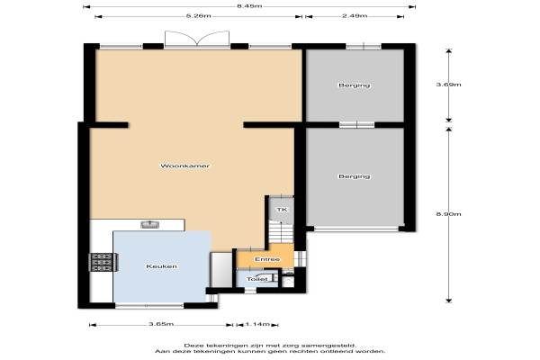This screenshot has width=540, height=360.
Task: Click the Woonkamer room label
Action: [x=184, y=166]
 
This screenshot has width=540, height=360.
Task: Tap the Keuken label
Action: [x=161, y=266]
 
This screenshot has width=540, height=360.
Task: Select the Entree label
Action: [x=267, y=259]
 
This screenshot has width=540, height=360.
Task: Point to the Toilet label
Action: [x=256, y=279]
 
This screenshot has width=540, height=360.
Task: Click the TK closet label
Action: [x=282, y=210]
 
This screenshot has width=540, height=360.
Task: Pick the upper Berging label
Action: [x=355, y=85]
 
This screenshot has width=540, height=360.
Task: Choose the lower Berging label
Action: [x=355, y=176]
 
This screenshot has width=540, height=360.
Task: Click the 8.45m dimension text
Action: [x=249, y=6]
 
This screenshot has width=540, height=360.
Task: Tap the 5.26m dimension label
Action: [x=198, y=16]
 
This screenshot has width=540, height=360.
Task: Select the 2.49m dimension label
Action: [x=355, y=16]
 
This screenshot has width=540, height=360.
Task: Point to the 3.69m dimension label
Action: [x=448, y=85]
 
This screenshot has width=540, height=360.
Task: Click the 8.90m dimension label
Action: [x=448, y=214]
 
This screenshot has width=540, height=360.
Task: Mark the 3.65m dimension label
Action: [x=161, y=324]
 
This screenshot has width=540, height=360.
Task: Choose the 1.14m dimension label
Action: [x=256, y=324]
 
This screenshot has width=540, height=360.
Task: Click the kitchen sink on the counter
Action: [x=150, y=225]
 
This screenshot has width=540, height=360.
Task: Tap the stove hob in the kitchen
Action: [x=103, y=262]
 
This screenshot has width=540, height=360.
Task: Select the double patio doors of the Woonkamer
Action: [x=197, y=39]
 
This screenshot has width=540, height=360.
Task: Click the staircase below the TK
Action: [x=282, y=233]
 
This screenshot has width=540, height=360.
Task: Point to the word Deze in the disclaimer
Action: [x=192, y=346]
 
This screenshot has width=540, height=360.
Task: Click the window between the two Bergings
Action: [x=356, y=124]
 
